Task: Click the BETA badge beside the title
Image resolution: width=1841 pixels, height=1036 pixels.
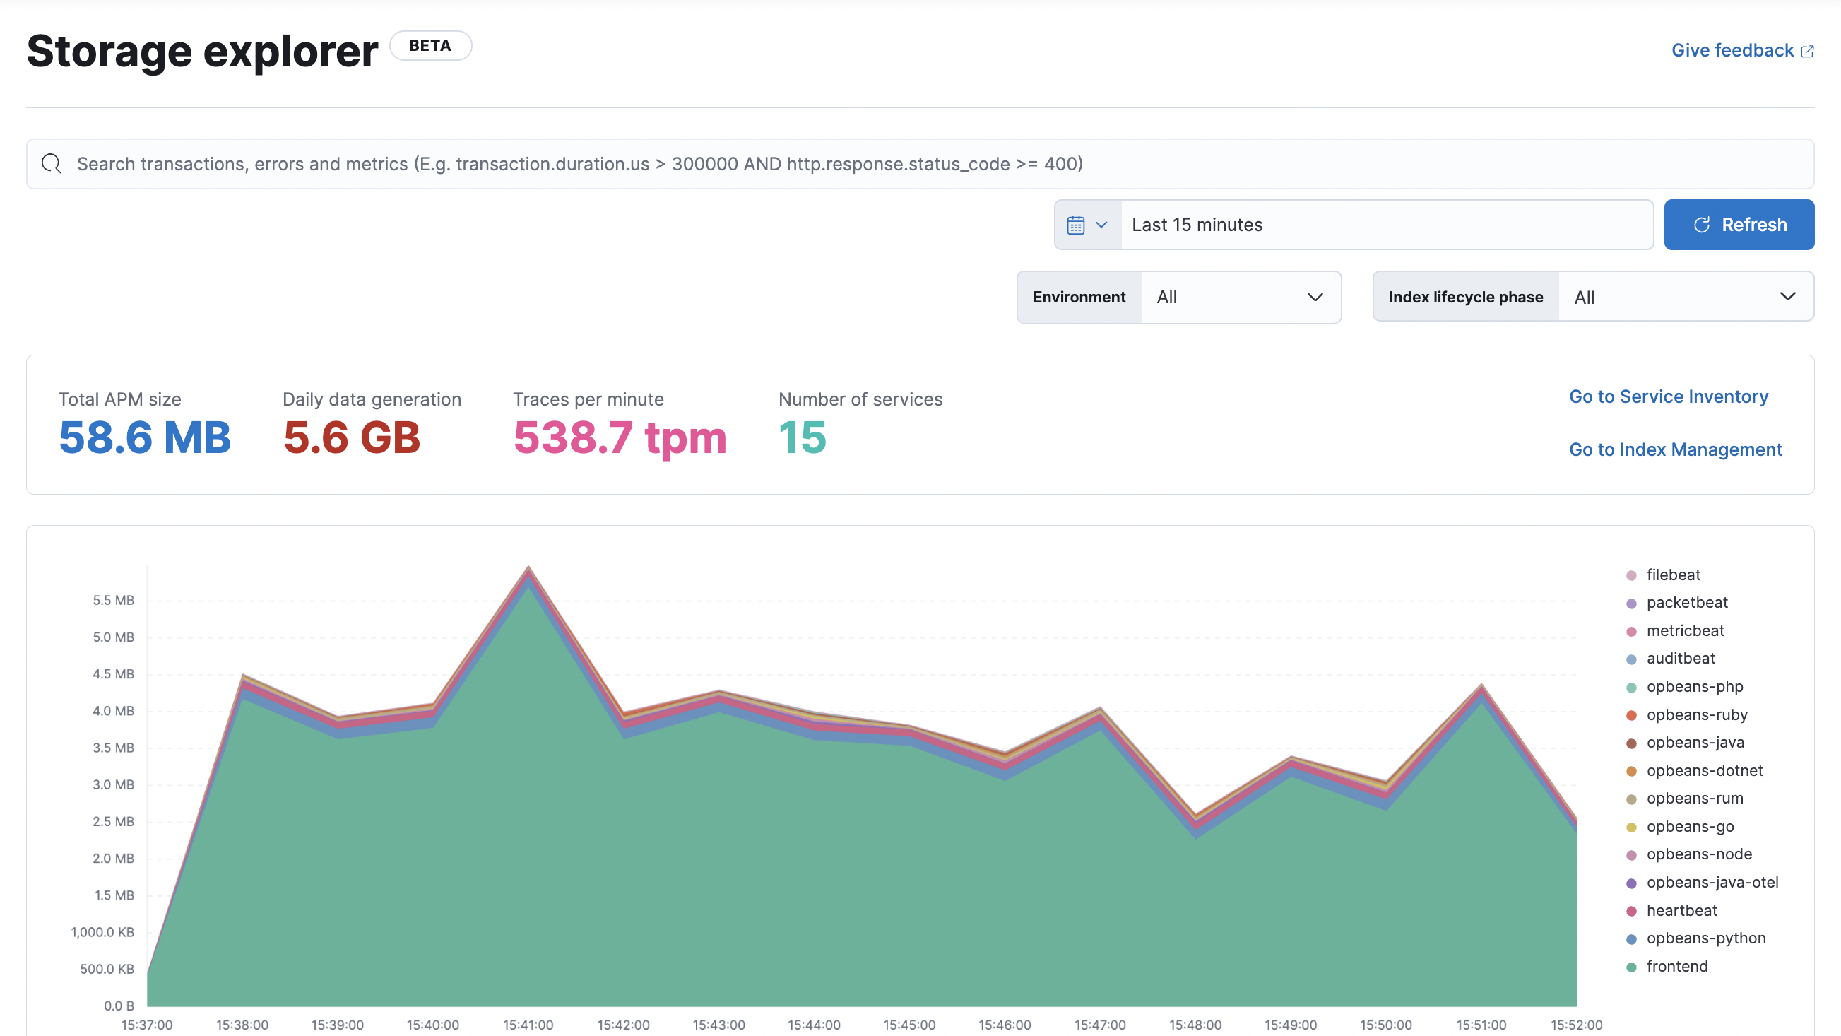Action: pos(430,46)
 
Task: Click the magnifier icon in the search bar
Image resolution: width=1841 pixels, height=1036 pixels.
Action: pos(52,164)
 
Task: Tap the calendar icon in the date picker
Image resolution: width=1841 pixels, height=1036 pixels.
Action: pos(1076,225)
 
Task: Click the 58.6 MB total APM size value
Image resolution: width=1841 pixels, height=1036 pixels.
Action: pos(144,437)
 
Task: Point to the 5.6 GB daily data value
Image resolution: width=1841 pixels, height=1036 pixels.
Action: pos(352,437)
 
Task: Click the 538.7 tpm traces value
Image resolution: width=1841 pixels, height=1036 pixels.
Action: pos(620,437)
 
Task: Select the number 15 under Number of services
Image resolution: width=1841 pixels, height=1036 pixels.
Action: pos(802,437)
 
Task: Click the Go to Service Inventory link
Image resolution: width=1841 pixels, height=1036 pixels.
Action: pos(1668,397)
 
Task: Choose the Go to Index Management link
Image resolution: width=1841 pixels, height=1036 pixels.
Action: pos(1675,449)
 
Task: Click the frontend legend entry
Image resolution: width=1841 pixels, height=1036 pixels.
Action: pos(1676,966)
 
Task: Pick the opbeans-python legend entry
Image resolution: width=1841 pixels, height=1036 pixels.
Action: pos(1705,938)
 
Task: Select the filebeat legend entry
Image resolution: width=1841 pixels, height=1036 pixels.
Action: pos(1672,575)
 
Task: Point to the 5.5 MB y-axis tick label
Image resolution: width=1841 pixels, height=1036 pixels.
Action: pos(113,600)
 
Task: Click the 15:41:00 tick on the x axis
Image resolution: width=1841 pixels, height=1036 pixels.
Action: pos(528,1025)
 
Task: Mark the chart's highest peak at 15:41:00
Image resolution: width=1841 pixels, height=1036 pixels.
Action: pos(528,567)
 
